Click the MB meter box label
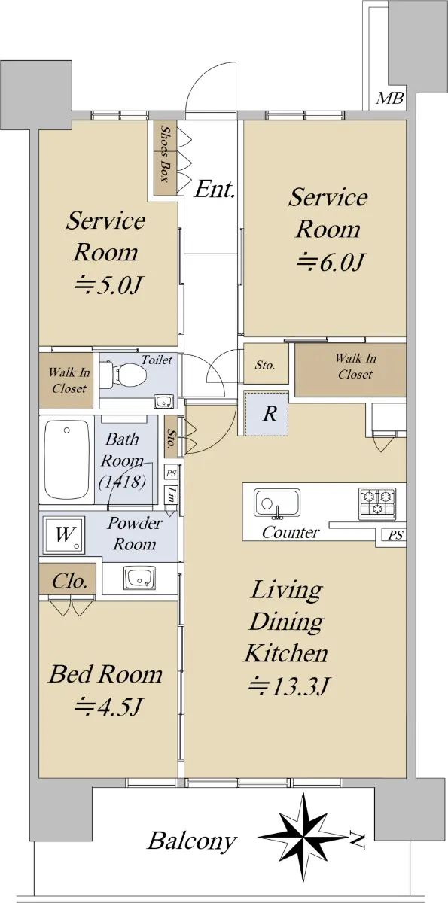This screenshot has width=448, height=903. coord(390,98)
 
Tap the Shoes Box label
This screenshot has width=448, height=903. coord(165,154)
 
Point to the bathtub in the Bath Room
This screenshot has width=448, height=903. coord(66,460)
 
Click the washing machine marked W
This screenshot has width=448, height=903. coord(65,534)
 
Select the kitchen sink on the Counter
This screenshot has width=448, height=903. coord(276,503)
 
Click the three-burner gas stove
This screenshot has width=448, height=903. coord(377,503)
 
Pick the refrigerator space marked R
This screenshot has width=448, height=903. coord(267,413)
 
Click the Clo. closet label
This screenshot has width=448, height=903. coord(69,581)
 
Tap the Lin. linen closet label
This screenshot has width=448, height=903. coord(172,494)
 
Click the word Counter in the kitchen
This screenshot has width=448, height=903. coord(291,533)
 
